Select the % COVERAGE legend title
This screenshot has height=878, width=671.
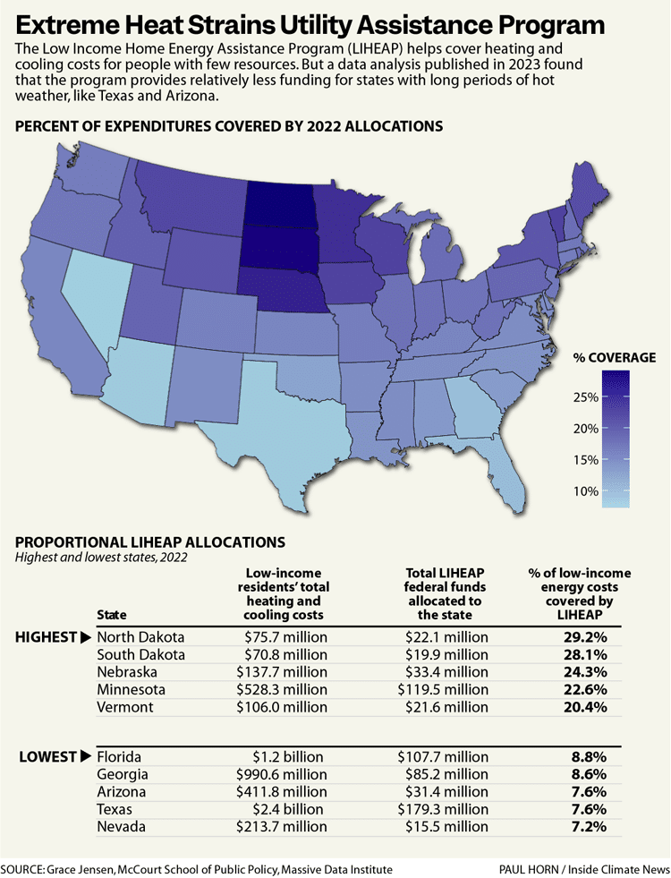[x=615, y=357]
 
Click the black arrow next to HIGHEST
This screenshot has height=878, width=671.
[x=86, y=637]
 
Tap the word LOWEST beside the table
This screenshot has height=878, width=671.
[x=47, y=756]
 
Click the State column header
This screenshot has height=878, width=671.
[x=111, y=615]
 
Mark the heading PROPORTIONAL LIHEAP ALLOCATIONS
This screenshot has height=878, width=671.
[x=150, y=541]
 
